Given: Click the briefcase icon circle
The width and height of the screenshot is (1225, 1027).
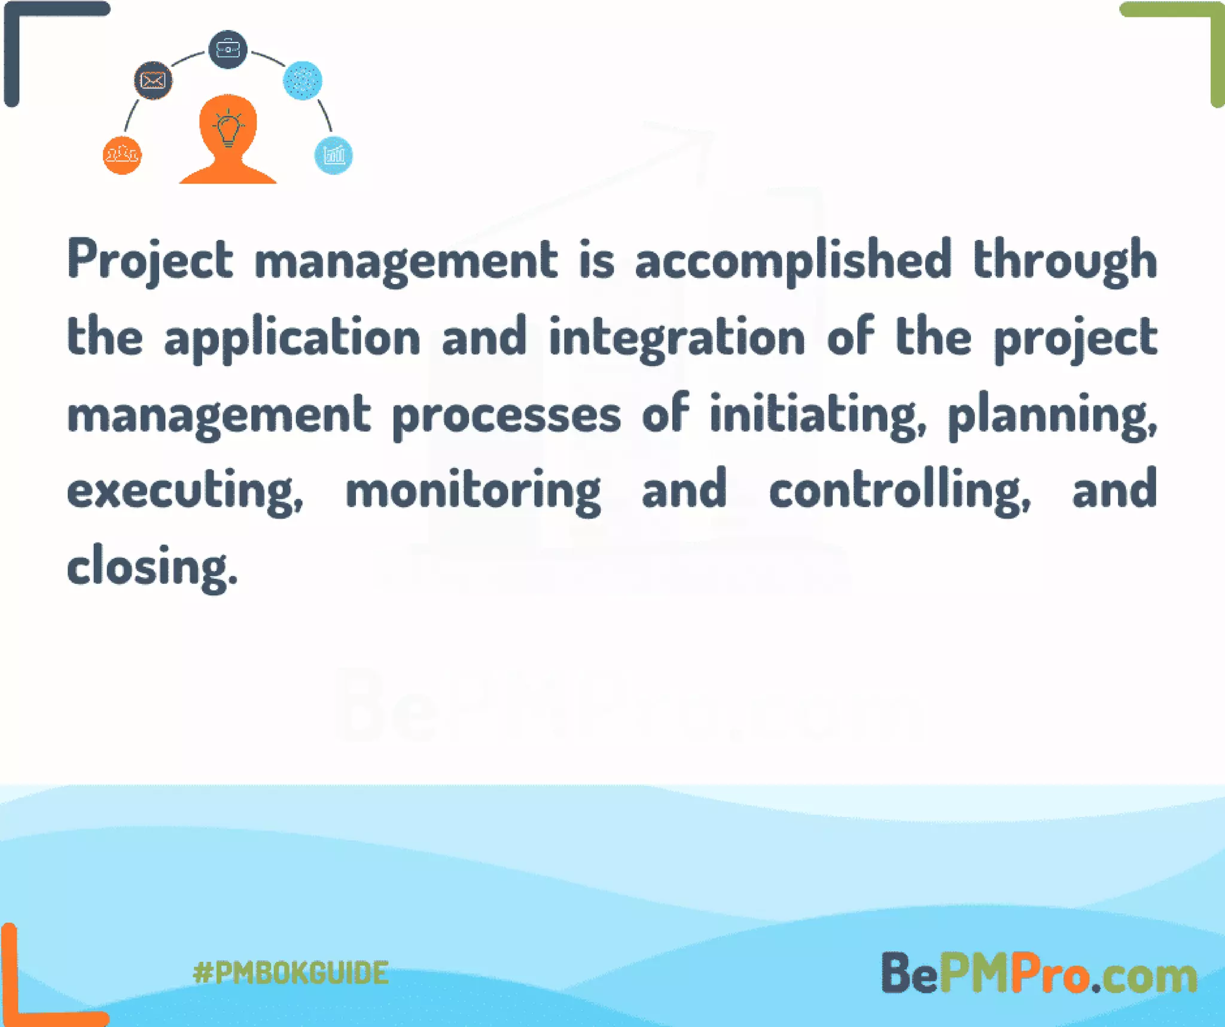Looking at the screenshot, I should click(228, 49).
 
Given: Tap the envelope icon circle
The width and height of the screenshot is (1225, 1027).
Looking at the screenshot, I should click(153, 80).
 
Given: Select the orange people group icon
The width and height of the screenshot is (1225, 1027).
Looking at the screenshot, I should click(123, 156).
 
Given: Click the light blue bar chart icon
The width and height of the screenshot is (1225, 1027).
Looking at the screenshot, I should click(333, 156).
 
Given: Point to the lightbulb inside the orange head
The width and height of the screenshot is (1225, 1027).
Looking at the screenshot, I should click(228, 127).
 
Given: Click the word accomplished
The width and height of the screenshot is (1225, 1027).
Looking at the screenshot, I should click(793, 260).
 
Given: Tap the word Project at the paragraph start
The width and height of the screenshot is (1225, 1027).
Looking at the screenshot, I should click(150, 260).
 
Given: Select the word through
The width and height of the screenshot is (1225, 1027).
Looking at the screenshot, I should click(1065, 260).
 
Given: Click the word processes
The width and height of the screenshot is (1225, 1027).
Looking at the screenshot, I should click(507, 415).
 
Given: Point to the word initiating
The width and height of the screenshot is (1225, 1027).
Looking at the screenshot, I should click(818, 415).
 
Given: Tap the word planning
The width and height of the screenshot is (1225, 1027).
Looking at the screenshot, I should click(1052, 415).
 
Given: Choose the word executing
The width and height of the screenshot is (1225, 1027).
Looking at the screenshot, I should click(185, 490).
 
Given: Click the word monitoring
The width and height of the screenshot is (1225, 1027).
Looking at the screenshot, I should click(473, 490).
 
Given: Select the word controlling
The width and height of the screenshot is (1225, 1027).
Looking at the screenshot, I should click(900, 490).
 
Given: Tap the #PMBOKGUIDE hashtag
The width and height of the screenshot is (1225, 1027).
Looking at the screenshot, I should click(291, 973).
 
